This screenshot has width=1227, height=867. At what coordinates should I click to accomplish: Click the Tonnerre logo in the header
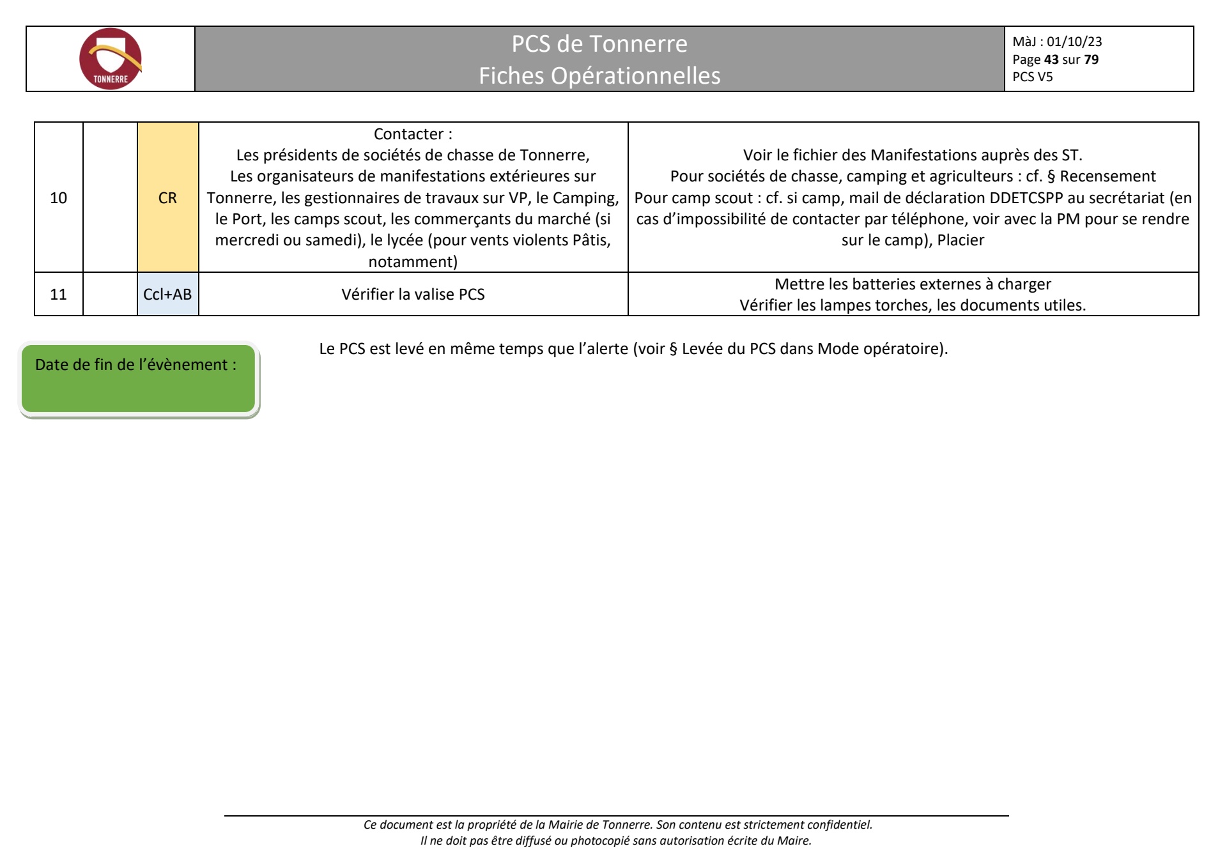(111, 59)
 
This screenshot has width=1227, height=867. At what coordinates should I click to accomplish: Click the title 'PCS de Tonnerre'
(599, 43)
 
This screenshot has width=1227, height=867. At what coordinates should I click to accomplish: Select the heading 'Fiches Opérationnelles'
(599, 75)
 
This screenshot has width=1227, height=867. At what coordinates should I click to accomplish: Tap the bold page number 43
(1051, 59)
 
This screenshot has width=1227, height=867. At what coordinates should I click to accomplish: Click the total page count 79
(1092, 59)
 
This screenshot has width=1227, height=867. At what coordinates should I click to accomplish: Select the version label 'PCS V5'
(1033, 77)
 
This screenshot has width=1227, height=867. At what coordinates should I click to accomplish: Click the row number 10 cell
(59, 197)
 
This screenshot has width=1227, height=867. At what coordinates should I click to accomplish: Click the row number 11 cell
(59, 294)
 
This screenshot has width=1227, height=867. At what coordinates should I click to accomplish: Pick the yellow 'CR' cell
(167, 197)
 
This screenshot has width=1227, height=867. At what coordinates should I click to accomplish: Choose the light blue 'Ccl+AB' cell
(167, 294)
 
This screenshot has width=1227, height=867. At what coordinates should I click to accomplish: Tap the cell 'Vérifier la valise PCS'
(413, 294)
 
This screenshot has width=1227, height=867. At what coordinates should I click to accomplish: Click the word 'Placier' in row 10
(961, 240)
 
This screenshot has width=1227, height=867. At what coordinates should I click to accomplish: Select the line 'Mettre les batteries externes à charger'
(913, 284)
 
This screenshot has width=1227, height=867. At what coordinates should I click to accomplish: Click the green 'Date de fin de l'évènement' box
(139, 378)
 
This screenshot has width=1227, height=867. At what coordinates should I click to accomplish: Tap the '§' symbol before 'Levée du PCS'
(673, 349)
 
